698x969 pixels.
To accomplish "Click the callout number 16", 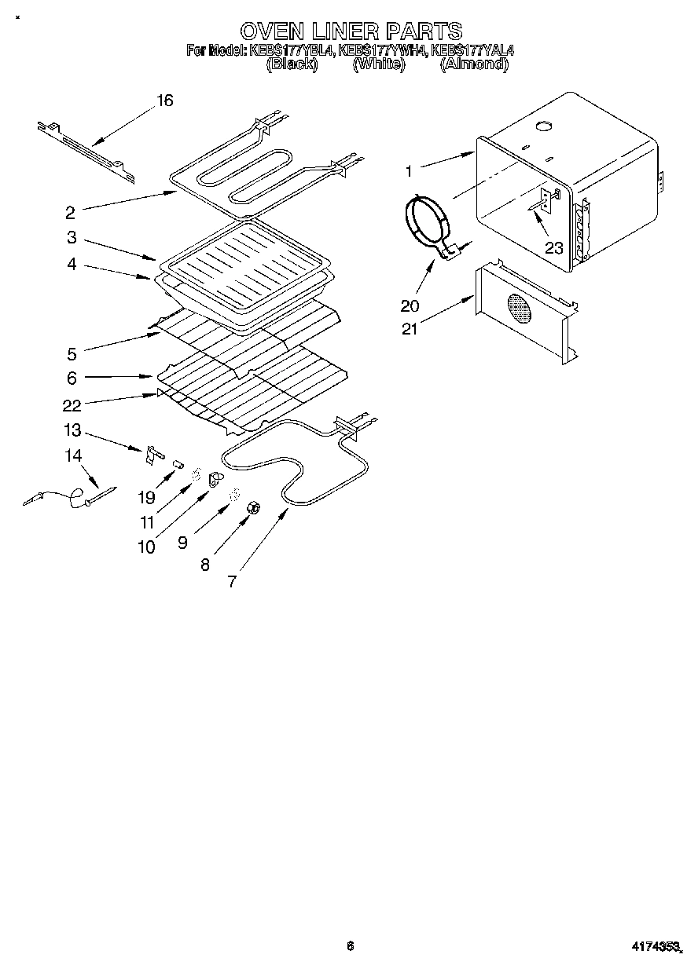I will [x=164, y=101].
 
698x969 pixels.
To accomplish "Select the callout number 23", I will [x=554, y=248].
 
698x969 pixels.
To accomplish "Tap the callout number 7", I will [x=232, y=581].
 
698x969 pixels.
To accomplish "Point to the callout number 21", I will [x=409, y=329].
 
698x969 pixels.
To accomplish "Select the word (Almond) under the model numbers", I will [x=473, y=64].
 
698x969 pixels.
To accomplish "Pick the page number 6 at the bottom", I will [x=350, y=946].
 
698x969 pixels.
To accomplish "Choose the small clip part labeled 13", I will [x=152, y=453].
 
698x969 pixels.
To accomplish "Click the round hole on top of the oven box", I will [x=543, y=126].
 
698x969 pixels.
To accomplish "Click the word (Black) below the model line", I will [x=292, y=64].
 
